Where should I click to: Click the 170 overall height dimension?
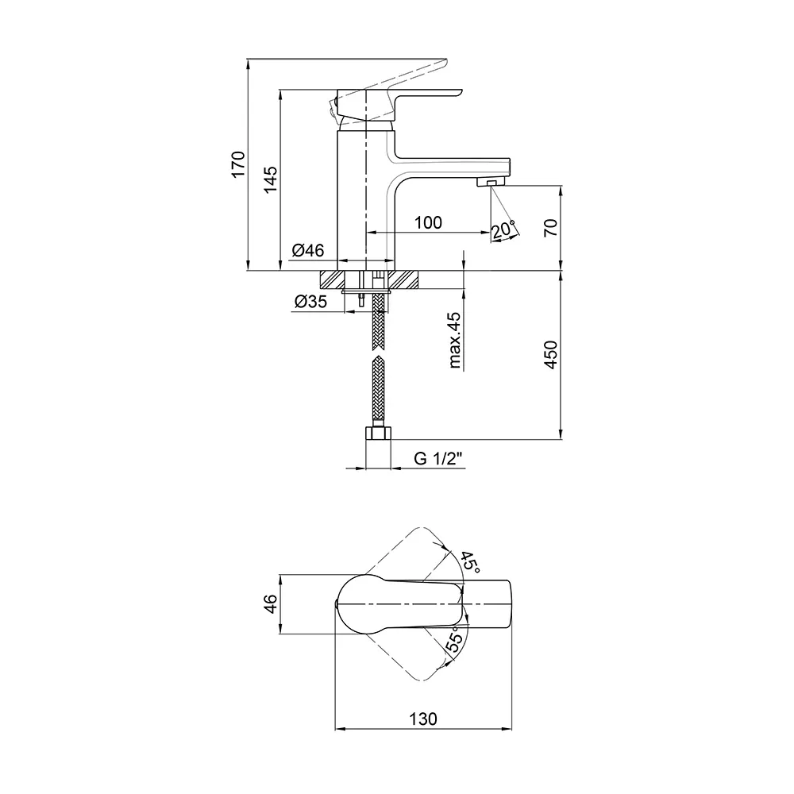[238, 164]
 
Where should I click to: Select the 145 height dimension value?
[271, 179]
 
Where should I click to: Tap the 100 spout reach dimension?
[429, 222]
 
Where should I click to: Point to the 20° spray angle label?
[503, 230]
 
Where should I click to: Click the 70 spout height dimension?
[551, 226]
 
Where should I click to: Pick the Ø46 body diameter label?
[308, 250]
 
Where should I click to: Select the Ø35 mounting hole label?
[311, 302]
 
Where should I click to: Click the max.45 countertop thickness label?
[454, 340]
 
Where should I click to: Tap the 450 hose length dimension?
[551, 354]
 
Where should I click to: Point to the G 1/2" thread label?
[438, 459]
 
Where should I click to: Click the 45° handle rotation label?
[469, 562]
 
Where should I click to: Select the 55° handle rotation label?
[454, 639]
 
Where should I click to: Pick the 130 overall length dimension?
[423, 719]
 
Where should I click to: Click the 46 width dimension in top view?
[272, 603]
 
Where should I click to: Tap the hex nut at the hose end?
[378, 433]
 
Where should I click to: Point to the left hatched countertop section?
[331, 280]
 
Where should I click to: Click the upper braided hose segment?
[378, 322]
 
